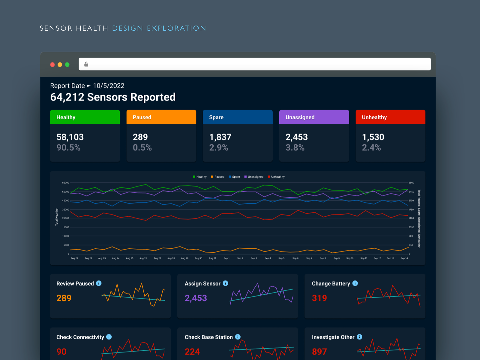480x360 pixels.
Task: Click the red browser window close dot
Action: click(52, 64)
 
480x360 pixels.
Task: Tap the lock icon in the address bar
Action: click(86, 64)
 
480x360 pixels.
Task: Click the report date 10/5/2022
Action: click(109, 86)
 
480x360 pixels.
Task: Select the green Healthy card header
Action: click(85, 117)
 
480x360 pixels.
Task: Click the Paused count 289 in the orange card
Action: click(140, 137)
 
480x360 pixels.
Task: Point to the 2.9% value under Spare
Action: click(218, 148)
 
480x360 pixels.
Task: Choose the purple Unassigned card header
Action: click(314, 117)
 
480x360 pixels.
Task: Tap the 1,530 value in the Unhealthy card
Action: click(373, 137)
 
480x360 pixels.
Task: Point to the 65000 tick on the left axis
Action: click(66, 183)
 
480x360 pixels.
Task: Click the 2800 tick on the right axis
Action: click(411, 183)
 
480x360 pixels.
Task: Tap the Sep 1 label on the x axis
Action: click(226, 258)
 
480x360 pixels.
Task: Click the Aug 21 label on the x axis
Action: click(74, 258)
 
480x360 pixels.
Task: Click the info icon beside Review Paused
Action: click(99, 283)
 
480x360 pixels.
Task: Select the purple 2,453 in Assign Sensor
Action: click(196, 298)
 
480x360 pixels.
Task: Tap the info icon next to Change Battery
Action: click(355, 283)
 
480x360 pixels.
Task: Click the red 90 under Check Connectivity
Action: click(61, 352)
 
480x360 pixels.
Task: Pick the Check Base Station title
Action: click(208, 337)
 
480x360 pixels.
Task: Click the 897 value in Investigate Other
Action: click(319, 352)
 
